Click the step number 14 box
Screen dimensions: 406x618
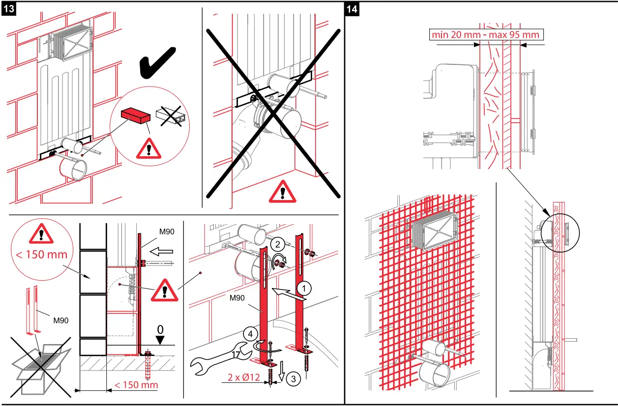point(352,9)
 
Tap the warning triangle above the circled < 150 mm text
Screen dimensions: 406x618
point(41,234)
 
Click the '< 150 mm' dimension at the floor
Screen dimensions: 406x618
point(136,384)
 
